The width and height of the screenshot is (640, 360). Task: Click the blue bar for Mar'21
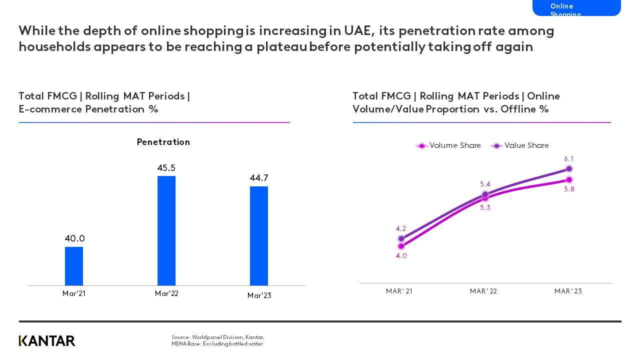coord(74,266)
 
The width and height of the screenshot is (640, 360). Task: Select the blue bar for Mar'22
coord(166,230)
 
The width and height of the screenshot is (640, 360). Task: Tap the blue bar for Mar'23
coord(259,236)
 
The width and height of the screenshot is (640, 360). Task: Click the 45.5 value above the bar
coord(166,168)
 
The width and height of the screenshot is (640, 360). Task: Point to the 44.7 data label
coord(259,178)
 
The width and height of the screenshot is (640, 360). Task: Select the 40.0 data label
coord(74,238)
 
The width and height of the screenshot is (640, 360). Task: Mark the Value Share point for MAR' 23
coord(569,169)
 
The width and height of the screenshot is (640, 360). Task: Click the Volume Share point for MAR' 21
coord(401,246)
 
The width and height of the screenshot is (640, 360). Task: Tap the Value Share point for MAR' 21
coord(401,238)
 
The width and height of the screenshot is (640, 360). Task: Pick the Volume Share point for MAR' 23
coord(569,179)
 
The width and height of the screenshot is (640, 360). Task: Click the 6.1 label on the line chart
coord(569,158)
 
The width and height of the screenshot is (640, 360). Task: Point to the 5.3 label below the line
coord(485,207)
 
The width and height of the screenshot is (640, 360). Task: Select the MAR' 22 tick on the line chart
coord(483,291)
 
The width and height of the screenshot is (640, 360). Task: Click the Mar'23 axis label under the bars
coord(259,295)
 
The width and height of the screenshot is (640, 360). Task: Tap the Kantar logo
coord(47,341)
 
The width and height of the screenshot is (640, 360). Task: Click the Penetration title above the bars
coord(163,142)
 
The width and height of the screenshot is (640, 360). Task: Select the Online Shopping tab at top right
coord(576,8)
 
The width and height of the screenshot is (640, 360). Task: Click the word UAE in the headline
coord(357,31)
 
